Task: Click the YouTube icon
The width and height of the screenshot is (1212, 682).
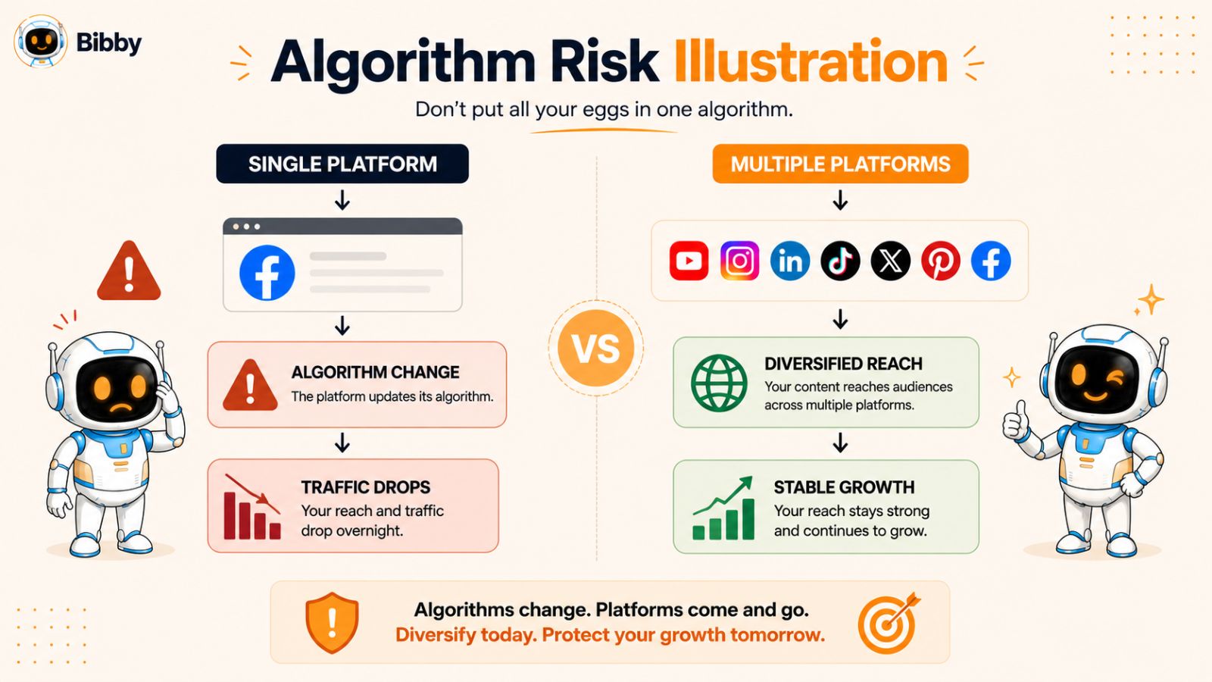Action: click(x=689, y=261)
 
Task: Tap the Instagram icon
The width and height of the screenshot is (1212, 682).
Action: click(x=739, y=261)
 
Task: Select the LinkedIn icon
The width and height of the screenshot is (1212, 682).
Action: click(x=790, y=261)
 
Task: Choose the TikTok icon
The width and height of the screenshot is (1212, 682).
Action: click(x=840, y=261)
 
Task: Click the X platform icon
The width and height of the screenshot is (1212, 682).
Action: click(x=891, y=261)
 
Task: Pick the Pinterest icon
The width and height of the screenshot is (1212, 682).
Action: click(x=941, y=261)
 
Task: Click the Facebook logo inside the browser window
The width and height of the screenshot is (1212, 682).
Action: click(x=267, y=272)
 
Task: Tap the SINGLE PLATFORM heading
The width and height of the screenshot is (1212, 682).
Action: click(x=342, y=164)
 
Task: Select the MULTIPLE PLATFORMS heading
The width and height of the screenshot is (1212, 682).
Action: click(x=840, y=164)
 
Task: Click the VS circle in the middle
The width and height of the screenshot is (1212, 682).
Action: click(x=595, y=348)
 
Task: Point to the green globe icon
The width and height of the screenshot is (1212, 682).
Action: click(x=719, y=383)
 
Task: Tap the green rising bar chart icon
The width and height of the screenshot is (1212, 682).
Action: click(x=723, y=508)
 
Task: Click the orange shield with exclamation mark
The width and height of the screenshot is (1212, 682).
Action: click(x=332, y=622)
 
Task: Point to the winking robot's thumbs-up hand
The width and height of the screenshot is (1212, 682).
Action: click(x=1016, y=420)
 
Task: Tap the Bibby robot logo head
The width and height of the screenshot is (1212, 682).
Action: click(x=41, y=41)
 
